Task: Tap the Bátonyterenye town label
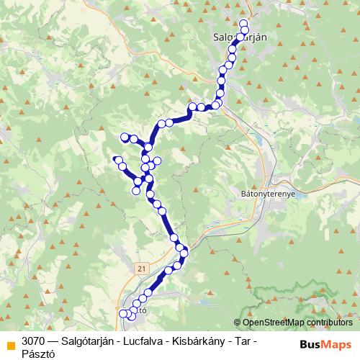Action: pos(271,194)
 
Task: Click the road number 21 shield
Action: pos(140,268)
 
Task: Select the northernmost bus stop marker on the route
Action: pos(243,22)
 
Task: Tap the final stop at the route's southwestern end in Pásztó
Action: pos(123,313)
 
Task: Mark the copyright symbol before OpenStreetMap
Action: pos(238,323)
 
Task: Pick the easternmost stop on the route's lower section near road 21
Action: pos(184,251)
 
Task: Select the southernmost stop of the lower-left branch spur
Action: pos(135,190)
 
